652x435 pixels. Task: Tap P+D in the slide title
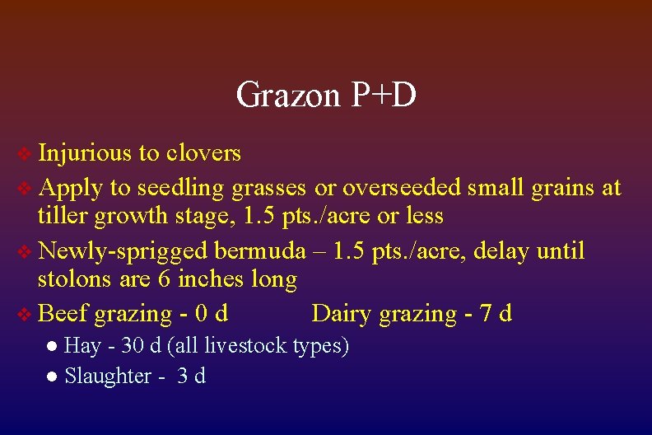coord(383,96)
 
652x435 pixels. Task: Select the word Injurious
coord(85,153)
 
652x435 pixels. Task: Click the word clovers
coord(203,153)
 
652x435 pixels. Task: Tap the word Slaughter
coord(108,377)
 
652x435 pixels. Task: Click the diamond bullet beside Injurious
coord(26,154)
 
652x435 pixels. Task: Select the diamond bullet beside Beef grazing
coord(26,314)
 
